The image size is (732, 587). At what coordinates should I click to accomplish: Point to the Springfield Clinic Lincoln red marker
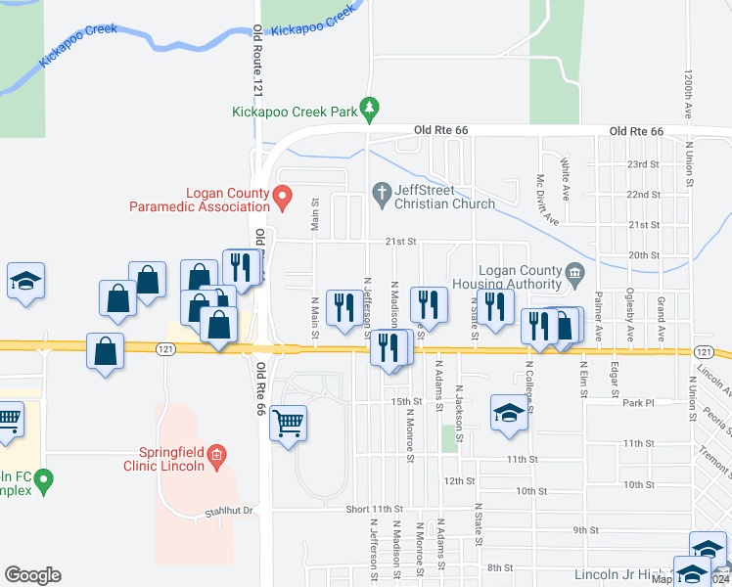[217, 453]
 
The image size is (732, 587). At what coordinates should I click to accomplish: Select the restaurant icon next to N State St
[496, 306]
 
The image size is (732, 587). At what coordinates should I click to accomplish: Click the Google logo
[33, 574]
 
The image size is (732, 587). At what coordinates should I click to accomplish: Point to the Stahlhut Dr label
[228, 511]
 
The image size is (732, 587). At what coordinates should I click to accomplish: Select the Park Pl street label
[636, 402]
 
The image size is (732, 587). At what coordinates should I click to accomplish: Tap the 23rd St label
[643, 164]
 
